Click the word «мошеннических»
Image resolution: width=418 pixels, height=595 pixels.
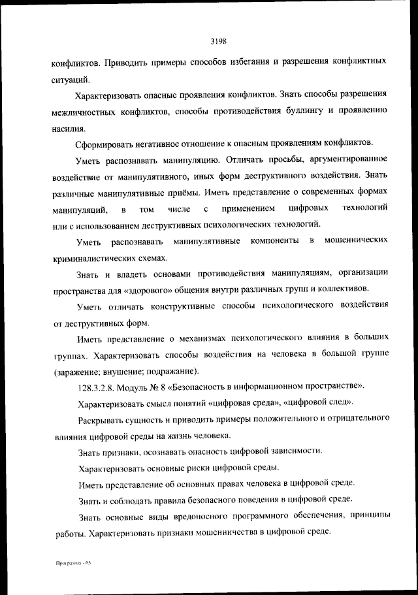359,242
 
